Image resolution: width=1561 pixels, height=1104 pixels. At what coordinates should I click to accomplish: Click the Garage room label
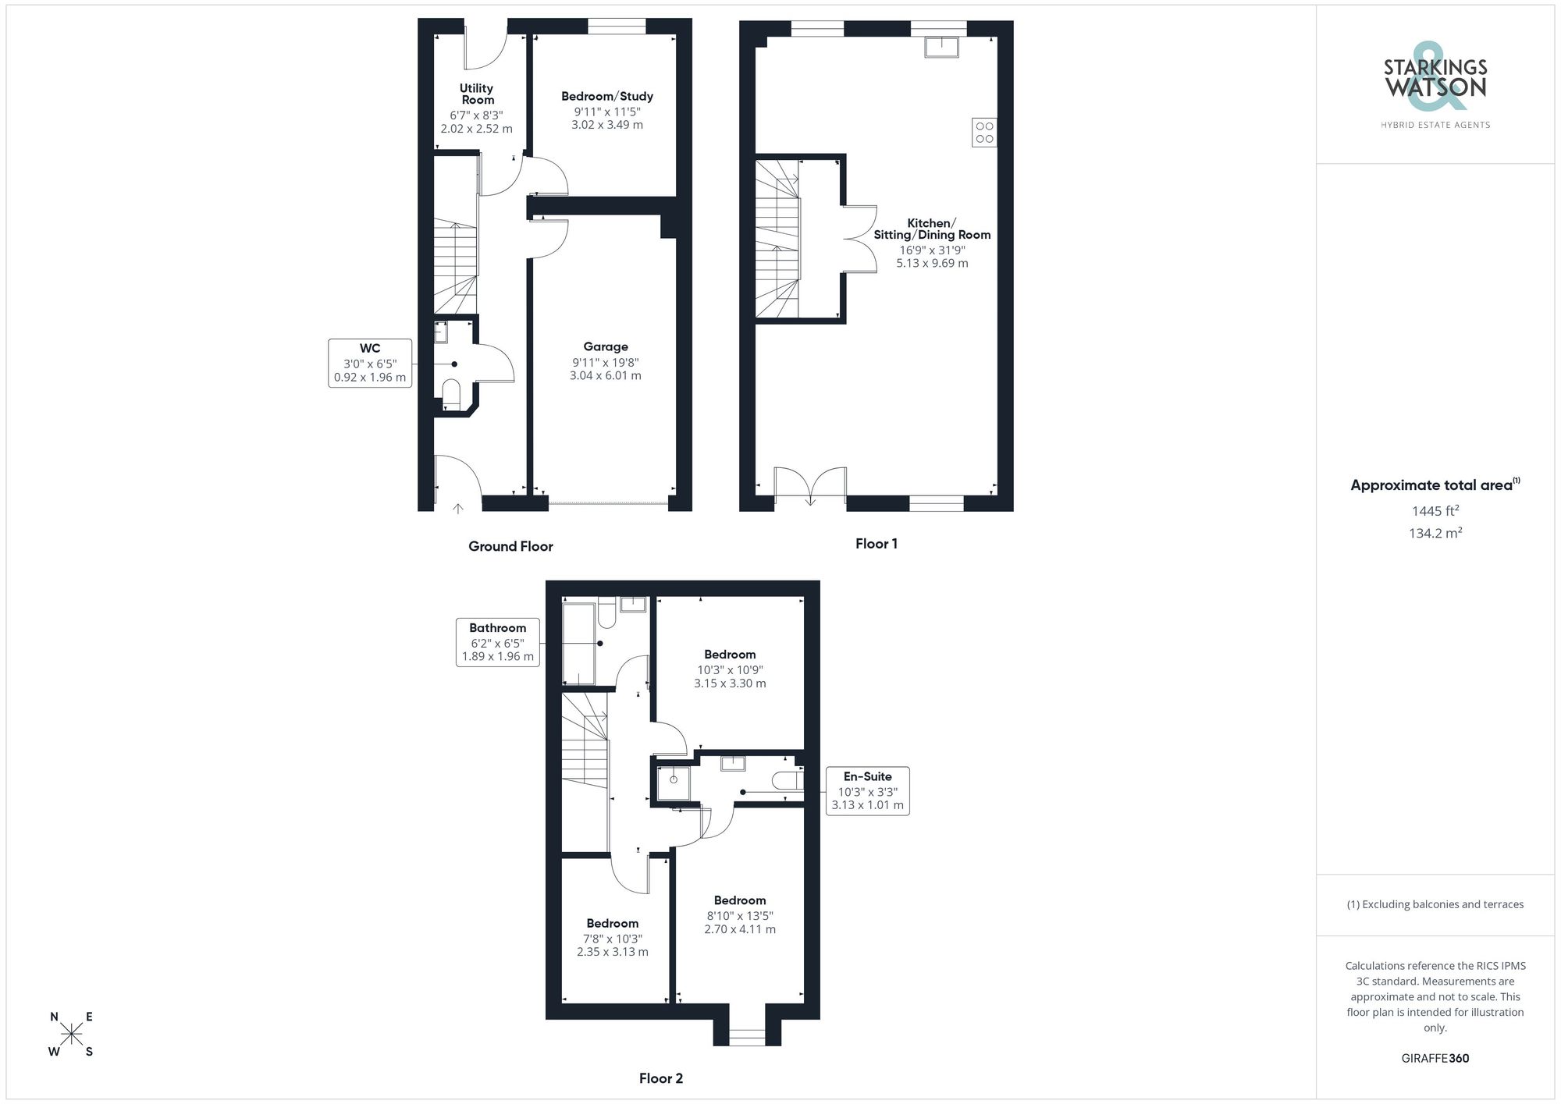pos(605,346)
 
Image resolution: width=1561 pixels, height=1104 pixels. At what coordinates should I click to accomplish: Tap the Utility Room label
pos(477,94)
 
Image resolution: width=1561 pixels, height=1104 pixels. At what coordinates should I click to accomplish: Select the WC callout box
pos(370,364)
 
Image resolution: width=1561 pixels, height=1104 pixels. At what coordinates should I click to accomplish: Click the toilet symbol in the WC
pos(451,391)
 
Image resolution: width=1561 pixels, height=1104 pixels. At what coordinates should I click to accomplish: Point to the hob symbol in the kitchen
pos(984,132)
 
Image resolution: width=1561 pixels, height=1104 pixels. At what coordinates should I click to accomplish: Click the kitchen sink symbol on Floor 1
pos(941,47)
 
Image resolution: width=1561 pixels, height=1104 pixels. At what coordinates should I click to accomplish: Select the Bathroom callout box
pos(498,642)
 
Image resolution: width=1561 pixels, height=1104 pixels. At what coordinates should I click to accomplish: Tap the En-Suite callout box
pos(867,791)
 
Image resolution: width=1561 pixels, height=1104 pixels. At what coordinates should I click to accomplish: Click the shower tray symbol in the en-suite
pos(674,783)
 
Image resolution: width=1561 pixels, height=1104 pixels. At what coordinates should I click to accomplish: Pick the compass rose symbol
pos(72,1035)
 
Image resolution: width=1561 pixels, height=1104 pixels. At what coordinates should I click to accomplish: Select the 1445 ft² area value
pos(1435,512)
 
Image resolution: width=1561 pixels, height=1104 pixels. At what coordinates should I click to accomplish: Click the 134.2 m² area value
pos(1435,534)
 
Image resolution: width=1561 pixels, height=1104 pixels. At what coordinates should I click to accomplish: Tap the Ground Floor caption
pos(510,546)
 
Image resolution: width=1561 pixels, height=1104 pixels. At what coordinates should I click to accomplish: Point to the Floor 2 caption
pos(660,1078)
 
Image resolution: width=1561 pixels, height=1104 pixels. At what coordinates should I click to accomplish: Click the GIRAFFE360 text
pos(1435,1059)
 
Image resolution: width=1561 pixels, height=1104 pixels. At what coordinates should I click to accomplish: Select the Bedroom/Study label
pos(607,96)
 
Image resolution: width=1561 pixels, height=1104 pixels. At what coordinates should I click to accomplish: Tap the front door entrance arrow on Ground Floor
pos(457,509)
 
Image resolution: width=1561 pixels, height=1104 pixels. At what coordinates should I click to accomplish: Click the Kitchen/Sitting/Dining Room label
pos(932,229)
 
